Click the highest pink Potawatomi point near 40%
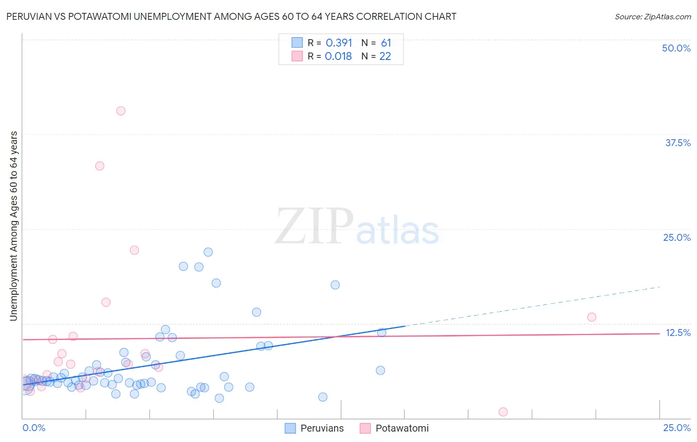click(x=121, y=111)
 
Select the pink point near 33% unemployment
click(x=100, y=166)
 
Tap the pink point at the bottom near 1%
click(x=503, y=412)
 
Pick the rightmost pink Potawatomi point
click(x=591, y=317)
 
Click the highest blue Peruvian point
click(x=208, y=252)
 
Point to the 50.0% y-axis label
click(x=676, y=48)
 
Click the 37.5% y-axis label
click(x=678, y=143)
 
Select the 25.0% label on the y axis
click(x=677, y=237)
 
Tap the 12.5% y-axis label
click(x=678, y=332)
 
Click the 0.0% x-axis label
click(x=34, y=428)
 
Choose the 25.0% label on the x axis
click(x=677, y=428)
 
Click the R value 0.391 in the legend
click(x=339, y=43)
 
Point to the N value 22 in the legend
click(x=385, y=56)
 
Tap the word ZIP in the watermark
click(x=314, y=227)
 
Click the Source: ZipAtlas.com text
click(x=652, y=17)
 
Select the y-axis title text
click(x=14, y=225)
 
